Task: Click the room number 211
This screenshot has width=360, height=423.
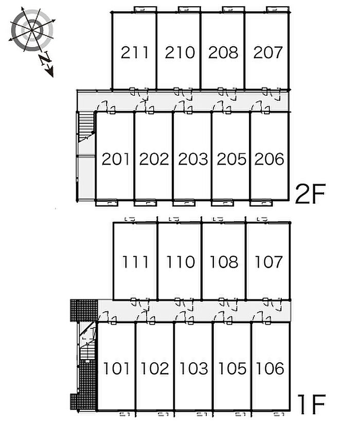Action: pos(135,52)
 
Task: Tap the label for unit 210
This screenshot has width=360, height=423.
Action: pos(179,52)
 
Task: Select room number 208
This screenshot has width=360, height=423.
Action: pos(223,52)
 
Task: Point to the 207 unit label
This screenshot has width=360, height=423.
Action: pos(267,52)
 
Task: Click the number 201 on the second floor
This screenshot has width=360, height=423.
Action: pos(115,159)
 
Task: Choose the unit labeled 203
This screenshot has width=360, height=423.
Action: pos(192,159)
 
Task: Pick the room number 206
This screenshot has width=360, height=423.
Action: pos(269,159)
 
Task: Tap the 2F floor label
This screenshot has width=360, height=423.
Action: pos(311,194)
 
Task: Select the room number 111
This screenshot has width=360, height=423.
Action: pos(136,262)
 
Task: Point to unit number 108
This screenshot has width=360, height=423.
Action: pos(224,262)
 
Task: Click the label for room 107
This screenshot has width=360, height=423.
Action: pos(268,262)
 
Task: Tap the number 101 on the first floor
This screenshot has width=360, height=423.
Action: pos(117,368)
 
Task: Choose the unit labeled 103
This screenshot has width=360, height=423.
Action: pos(193,368)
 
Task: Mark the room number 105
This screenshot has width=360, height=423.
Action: pos(232,368)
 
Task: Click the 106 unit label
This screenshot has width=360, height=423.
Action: pos(270,368)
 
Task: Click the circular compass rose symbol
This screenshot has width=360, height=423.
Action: pos(32,30)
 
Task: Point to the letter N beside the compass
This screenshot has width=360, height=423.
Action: pos(45,60)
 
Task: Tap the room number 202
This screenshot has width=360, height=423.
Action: pos(154,159)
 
